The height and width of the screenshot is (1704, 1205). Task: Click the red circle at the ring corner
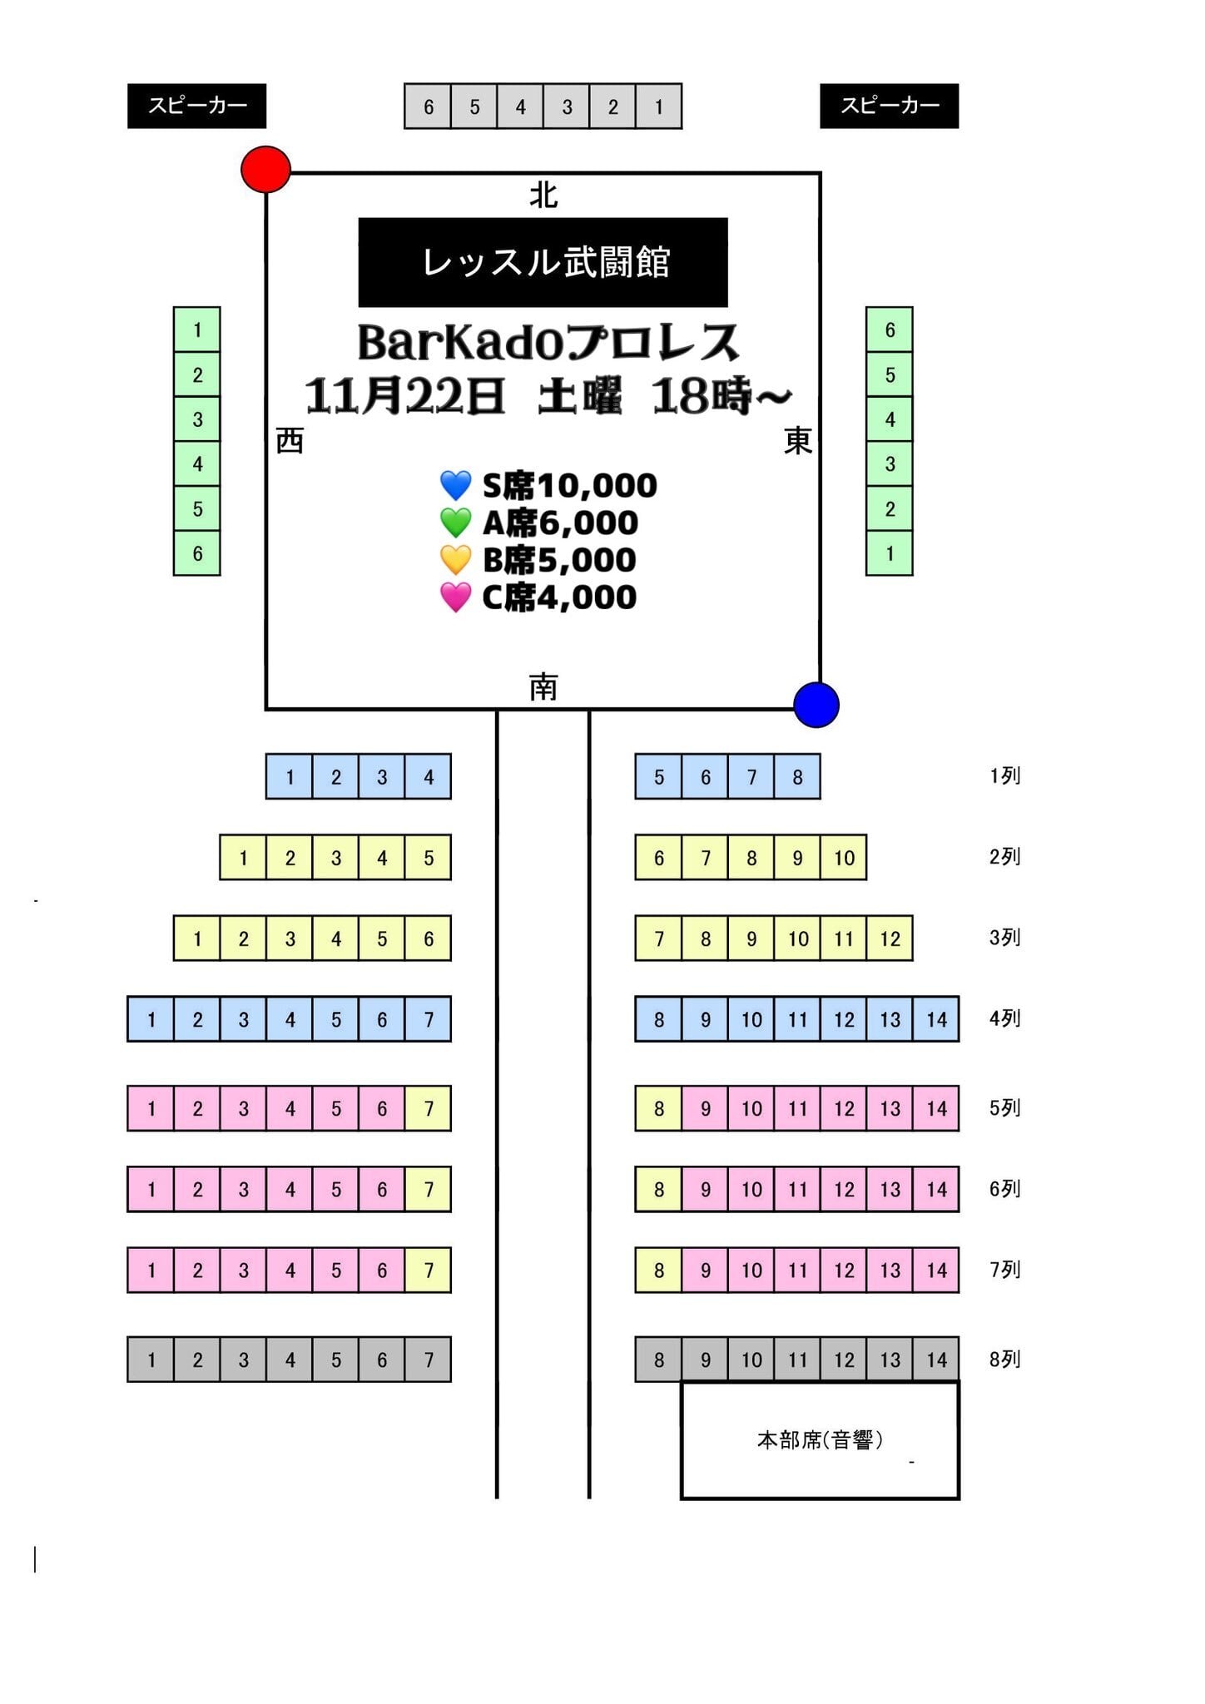(265, 170)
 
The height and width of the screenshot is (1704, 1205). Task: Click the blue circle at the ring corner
(816, 705)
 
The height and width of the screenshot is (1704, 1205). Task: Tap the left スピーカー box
(196, 106)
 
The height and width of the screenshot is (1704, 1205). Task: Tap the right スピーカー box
(889, 106)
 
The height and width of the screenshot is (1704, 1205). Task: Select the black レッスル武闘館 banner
(543, 262)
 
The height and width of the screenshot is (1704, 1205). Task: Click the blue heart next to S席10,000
(455, 485)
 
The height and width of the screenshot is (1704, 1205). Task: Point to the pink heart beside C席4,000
(455, 597)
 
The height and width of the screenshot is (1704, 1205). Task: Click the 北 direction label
(543, 196)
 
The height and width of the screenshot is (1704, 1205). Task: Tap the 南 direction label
(543, 687)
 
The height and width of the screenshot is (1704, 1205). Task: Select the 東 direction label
(797, 441)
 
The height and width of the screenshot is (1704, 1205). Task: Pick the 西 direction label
(290, 441)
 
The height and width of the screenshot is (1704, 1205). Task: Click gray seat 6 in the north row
(428, 106)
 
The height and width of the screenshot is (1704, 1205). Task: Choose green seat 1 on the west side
(197, 330)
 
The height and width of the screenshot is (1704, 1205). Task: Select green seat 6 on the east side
(890, 330)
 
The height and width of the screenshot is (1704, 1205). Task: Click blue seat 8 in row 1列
(797, 777)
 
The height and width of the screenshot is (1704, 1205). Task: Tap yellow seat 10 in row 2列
(844, 858)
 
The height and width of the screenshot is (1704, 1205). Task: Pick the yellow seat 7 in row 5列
(429, 1108)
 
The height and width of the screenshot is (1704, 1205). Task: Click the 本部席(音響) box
(820, 1440)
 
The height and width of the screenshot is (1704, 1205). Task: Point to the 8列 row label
(1004, 1360)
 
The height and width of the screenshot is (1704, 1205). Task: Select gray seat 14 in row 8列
(936, 1360)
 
